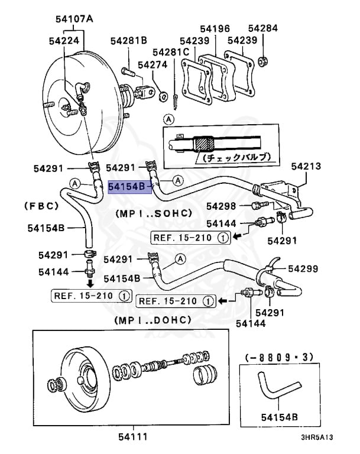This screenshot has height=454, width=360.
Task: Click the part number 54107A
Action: click(x=74, y=19)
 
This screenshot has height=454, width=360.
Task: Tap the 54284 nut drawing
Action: click(x=263, y=61)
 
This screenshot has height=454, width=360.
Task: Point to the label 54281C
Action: click(x=171, y=52)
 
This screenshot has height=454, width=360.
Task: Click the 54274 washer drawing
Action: click(x=164, y=96)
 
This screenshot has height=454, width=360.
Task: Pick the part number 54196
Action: click(x=215, y=28)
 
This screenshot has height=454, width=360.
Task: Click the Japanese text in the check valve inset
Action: click(x=237, y=157)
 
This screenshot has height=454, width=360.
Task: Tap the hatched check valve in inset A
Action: click(x=204, y=144)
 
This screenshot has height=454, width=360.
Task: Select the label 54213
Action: click(x=306, y=166)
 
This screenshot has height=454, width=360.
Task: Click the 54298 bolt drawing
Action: click(x=260, y=206)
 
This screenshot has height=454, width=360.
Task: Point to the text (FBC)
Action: click(x=41, y=206)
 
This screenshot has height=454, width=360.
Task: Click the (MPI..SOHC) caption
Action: click(x=154, y=213)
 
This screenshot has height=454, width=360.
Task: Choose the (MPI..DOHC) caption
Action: click(x=153, y=320)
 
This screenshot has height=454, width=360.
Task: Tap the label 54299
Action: click(x=303, y=269)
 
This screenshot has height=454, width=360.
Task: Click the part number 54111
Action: click(x=133, y=437)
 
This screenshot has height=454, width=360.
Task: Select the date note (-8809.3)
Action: click(x=279, y=357)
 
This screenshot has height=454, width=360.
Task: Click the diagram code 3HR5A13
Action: click(x=317, y=437)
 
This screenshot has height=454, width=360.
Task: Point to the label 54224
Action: click(x=64, y=41)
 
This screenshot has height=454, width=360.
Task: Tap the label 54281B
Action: click(x=129, y=41)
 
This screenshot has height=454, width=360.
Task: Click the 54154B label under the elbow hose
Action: click(x=280, y=417)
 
